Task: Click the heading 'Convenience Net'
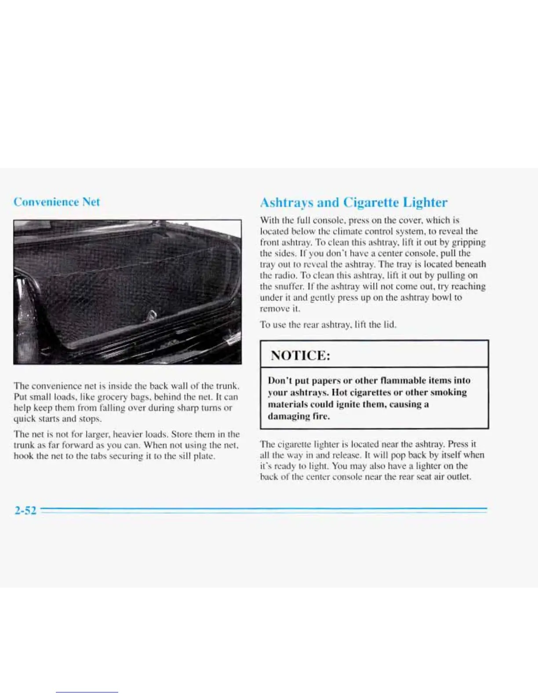[57, 202]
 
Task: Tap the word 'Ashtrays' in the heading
[287, 203]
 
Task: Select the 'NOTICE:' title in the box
[300, 355]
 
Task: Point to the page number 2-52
[25, 510]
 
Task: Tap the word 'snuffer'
[289, 286]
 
